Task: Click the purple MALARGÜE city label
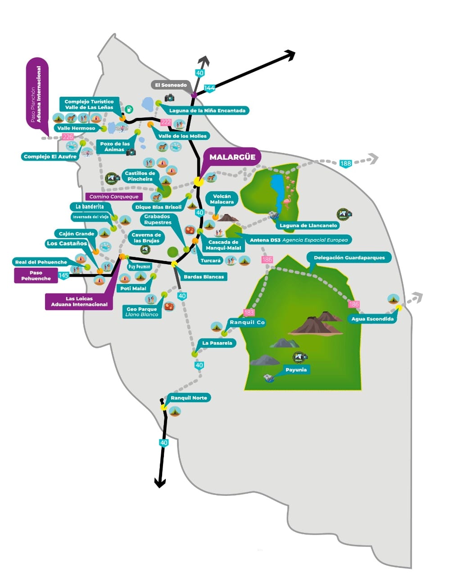pyautogui.click(x=232, y=157)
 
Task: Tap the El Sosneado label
pyautogui.click(x=171, y=85)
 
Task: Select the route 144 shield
pyautogui.click(x=209, y=88)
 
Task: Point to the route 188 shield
pyautogui.click(x=345, y=163)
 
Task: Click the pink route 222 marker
pyautogui.click(x=166, y=122)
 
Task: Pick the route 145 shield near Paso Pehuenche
pyautogui.click(x=63, y=275)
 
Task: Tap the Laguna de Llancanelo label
pyautogui.click(x=308, y=225)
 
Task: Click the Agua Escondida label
pyautogui.click(x=372, y=319)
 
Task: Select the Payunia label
pyautogui.click(x=296, y=370)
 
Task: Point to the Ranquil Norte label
pyautogui.click(x=189, y=398)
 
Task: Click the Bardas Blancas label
pyautogui.click(x=204, y=277)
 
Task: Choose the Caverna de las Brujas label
pyautogui.click(x=146, y=238)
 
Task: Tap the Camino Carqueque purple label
pyautogui.click(x=114, y=197)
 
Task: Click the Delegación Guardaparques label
pyautogui.click(x=349, y=258)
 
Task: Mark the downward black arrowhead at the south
pyautogui.click(x=160, y=483)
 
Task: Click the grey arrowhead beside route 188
pyautogui.click(x=372, y=158)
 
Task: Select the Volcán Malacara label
pyautogui.click(x=222, y=199)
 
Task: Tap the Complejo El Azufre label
pyautogui.click(x=50, y=157)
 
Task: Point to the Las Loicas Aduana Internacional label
pyautogui.click(x=79, y=301)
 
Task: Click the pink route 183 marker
pyautogui.click(x=249, y=312)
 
